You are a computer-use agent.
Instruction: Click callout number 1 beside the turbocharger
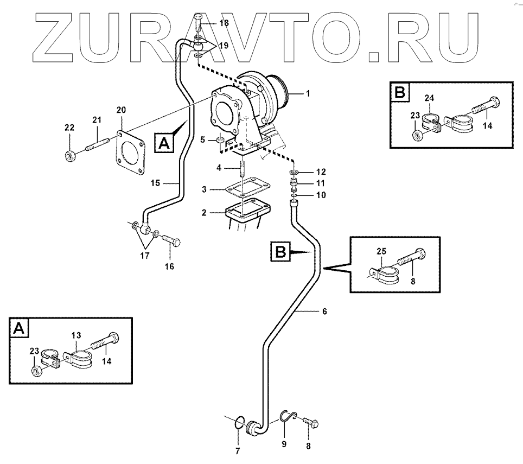308,94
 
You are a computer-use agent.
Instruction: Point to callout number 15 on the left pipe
155,183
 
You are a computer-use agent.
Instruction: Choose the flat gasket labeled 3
241,190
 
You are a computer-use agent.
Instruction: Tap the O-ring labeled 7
238,422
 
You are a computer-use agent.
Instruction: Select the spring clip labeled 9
289,417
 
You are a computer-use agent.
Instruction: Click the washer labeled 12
294,173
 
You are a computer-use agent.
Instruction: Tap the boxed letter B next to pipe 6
280,251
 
